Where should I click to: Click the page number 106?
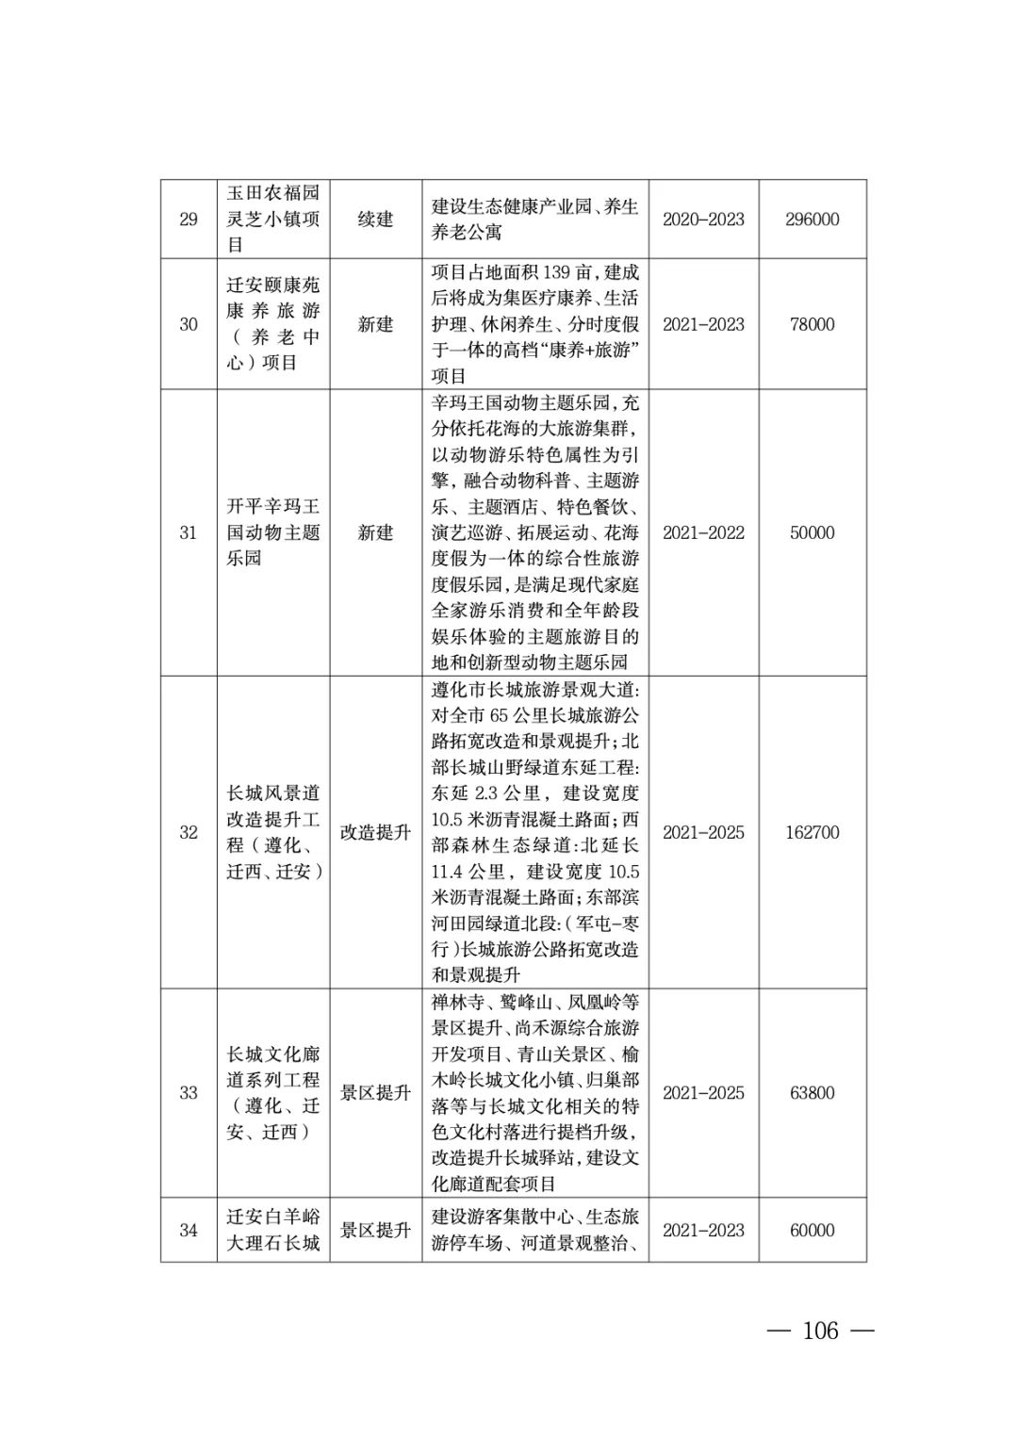pos(820,1331)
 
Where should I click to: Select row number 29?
pos(189,220)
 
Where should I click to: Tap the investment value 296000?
pos(812,220)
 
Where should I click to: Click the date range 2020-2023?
pos(703,220)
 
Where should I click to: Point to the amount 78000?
pos(812,324)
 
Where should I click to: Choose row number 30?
pos(189,324)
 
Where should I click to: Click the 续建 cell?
pos(375,220)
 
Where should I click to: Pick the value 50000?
pos(812,532)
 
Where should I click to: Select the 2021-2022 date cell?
pos(703,532)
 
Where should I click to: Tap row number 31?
pos(189,532)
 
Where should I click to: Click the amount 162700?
pos(812,832)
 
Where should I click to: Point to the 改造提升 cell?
pos(375,832)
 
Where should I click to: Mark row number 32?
pos(189,832)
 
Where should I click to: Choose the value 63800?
pos(812,1093)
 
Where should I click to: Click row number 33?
pos(189,1093)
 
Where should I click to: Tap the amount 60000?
pos(812,1230)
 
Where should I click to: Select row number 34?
pos(189,1230)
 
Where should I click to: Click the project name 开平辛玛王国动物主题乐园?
pos(273,532)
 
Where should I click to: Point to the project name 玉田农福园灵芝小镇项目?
pos(273,220)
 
